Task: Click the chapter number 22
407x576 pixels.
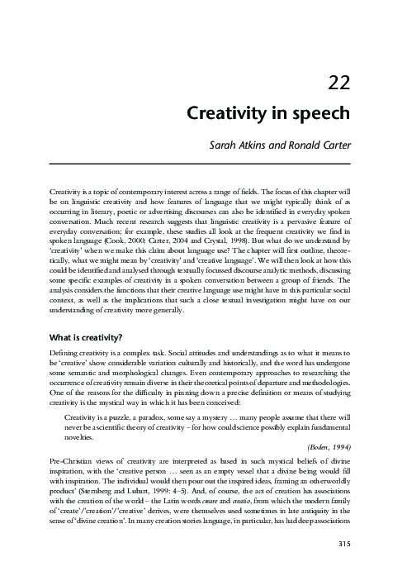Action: (340, 82)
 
